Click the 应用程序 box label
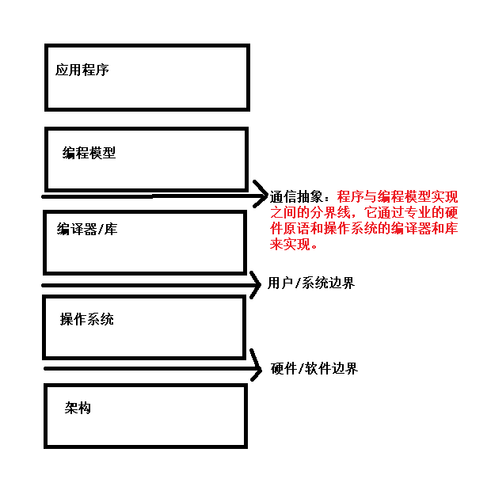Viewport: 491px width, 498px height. coord(82,70)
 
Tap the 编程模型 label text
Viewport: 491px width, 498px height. coord(89,153)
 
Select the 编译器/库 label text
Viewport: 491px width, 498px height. coord(86,230)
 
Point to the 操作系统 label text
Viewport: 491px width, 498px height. coord(86,319)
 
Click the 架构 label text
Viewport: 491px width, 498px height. coord(78,409)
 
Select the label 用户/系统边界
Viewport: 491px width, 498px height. coord(311,283)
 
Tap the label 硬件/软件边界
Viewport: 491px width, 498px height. coord(314,369)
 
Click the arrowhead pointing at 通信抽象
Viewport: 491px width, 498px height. coord(262,194)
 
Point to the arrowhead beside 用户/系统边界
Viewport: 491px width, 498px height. coord(255,285)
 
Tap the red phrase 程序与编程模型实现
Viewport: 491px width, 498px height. coord(397,198)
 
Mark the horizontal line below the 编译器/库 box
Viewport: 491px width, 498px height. coord(143,285)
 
